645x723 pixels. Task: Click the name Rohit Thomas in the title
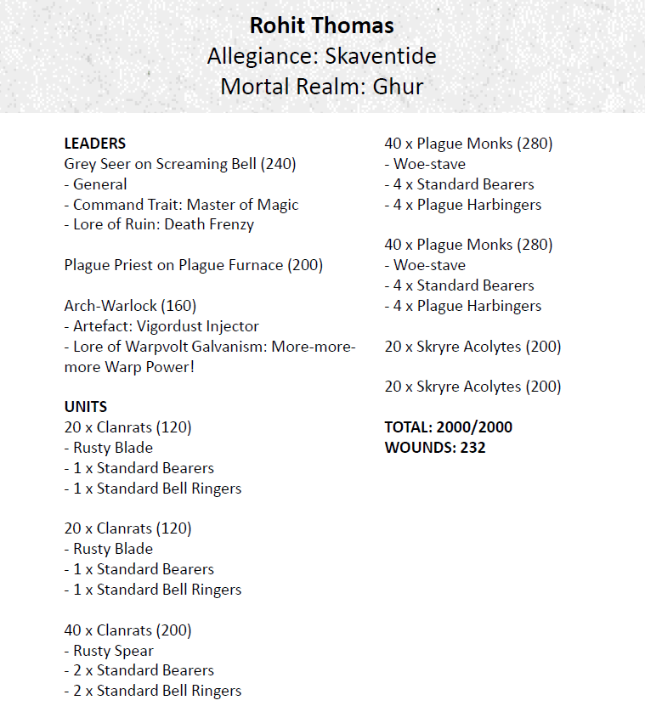322,25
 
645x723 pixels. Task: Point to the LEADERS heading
95,144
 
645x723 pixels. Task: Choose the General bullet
99,184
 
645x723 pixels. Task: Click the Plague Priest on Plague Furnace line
193,265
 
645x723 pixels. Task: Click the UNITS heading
86,407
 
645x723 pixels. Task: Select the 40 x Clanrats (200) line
127,630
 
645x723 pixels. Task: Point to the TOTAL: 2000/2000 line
448,427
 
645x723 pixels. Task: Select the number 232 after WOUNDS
472,447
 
